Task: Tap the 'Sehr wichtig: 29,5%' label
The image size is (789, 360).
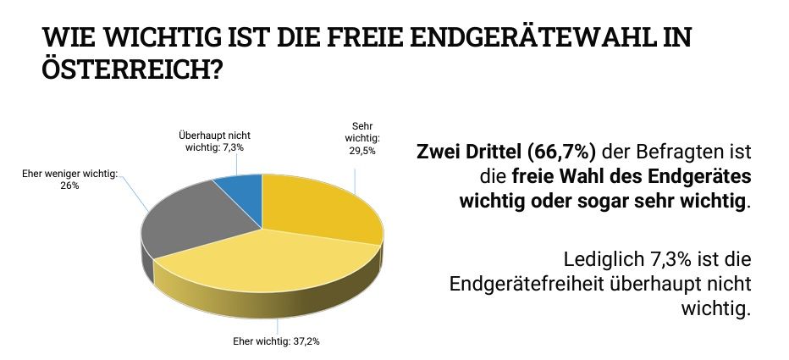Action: tap(361, 138)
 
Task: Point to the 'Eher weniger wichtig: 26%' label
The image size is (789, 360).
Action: tap(69, 179)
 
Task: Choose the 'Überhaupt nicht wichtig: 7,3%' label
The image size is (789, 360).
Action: tap(214, 141)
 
